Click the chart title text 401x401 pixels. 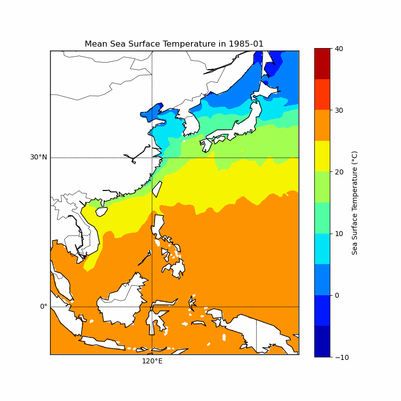point(174,44)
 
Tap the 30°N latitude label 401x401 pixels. point(39,157)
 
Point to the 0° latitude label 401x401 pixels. point(44,306)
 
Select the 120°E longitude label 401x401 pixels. point(152,361)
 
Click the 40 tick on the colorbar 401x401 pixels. point(339,49)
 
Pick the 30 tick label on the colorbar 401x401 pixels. point(339,110)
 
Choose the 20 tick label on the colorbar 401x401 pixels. point(339,172)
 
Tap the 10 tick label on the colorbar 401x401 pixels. point(339,234)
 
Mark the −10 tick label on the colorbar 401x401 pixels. point(342,357)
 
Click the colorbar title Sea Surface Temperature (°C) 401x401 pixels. point(354,203)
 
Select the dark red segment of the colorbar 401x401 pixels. point(322,64)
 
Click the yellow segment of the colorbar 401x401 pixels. point(322,156)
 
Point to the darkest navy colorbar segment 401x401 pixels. point(322,341)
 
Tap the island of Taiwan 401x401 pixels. point(157,189)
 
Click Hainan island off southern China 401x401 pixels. point(101,212)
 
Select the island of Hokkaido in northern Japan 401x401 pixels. point(264,91)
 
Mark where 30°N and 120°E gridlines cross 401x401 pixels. point(152,157)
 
